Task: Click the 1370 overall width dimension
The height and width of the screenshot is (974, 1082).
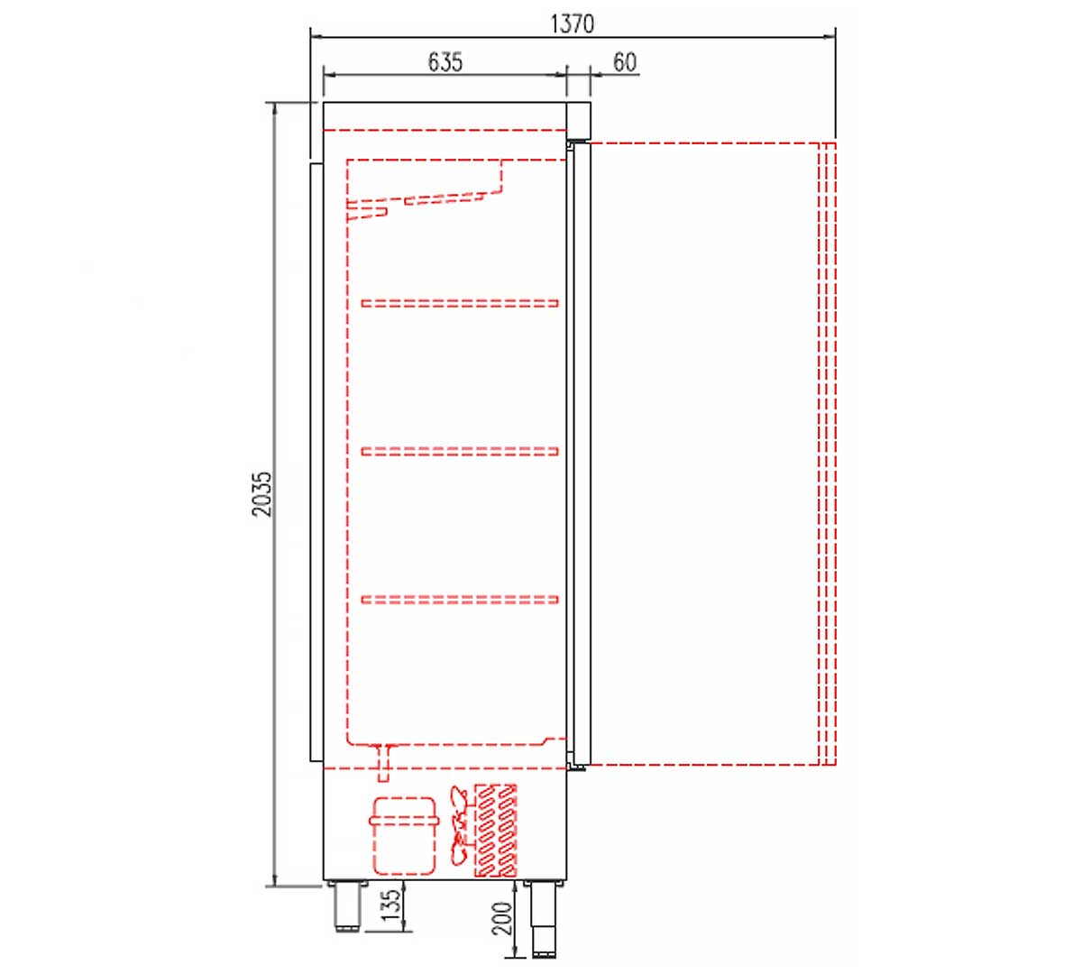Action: point(572,24)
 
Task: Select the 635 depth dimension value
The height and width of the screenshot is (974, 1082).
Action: point(445,62)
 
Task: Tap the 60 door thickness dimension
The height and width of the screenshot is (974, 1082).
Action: point(625,62)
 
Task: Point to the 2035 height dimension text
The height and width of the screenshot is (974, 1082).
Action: point(262,494)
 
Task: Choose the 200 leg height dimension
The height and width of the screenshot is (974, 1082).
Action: point(501,918)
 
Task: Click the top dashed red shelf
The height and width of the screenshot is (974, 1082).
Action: point(460,303)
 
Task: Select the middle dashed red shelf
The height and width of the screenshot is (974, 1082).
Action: point(460,451)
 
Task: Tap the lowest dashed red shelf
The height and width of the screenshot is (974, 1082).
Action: point(460,600)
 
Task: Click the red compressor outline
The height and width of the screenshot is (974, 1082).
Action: point(404,835)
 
